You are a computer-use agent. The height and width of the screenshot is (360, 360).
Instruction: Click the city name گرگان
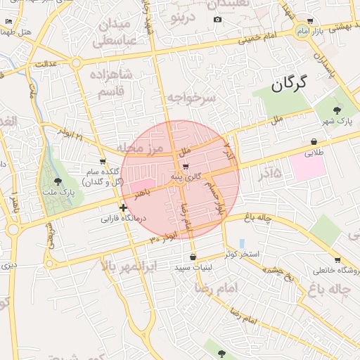point(289,85)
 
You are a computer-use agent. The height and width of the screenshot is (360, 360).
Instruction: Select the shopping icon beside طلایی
point(312,141)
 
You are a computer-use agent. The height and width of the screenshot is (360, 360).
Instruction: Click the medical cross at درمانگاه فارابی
point(124,207)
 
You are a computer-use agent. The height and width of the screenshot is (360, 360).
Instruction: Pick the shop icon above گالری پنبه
point(186,167)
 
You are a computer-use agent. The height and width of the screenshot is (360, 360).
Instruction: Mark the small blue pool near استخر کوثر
point(241,243)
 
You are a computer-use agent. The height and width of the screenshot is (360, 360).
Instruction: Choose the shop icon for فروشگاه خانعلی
point(337,260)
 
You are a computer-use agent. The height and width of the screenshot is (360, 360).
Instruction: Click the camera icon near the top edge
point(217,19)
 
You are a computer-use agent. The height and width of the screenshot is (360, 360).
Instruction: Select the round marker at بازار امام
point(303,32)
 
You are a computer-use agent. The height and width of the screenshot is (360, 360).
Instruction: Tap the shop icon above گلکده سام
point(103,162)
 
